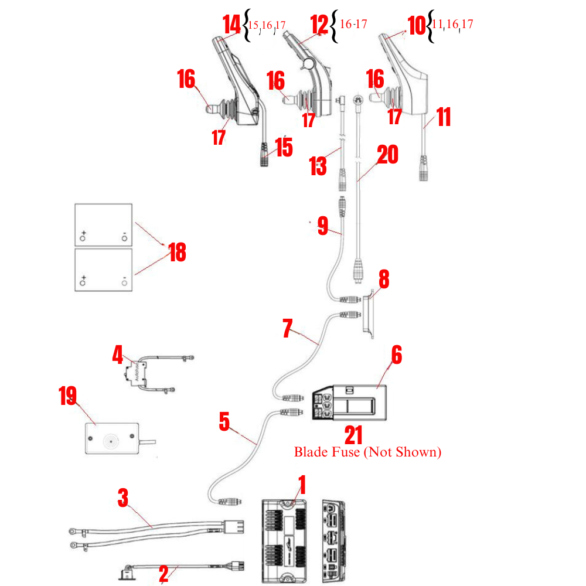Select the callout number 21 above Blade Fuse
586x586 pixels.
click(353, 435)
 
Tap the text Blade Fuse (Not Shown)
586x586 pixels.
click(367, 452)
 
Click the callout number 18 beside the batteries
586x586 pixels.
click(176, 252)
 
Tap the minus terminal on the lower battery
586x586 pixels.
click(124, 282)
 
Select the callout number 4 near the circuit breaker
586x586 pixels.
click(118, 354)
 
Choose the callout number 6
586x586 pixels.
click(396, 355)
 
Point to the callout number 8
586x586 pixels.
click(383, 280)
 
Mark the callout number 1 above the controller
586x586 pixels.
click(302, 485)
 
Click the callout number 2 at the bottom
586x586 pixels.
click(163, 574)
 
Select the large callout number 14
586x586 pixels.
click(232, 25)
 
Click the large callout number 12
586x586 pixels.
click(319, 25)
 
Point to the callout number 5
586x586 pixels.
click(224, 421)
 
